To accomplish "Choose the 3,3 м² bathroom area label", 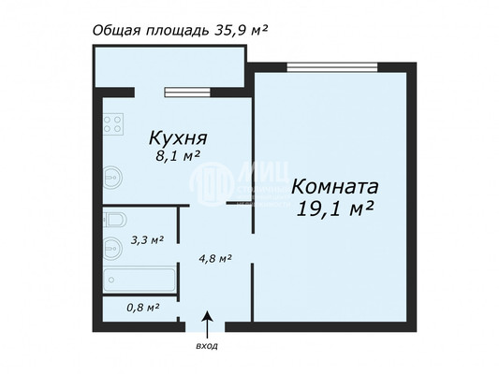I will pyautogui.click(x=146, y=240).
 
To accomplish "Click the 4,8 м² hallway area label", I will pyautogui.click(x=214, y=259).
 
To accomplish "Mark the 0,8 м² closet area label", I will pyautogui.click(x=142, y=307).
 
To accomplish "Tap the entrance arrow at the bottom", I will pyautogui.click(x=208, y=323).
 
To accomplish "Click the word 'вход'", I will pyautogui.click(x=208, y=346).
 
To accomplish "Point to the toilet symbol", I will pyautogui.click(x=112, y=222).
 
